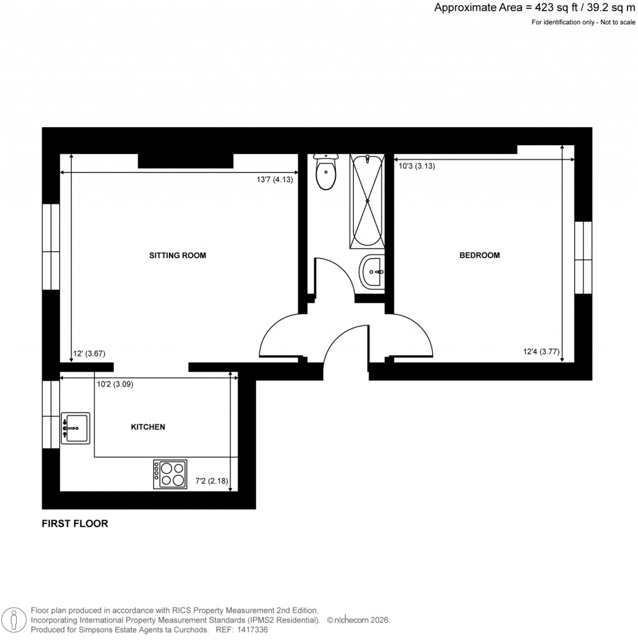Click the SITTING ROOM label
tap(177, 256)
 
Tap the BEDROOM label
tap(479, 256)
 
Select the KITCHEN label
tap(148, 427)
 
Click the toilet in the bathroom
tap(326, 172)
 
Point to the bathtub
tap(368, 201)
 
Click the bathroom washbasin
tap(373, 271)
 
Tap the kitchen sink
tap(75, 428)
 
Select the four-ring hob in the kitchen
tap(171, 474)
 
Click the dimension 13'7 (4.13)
tap(274, 179)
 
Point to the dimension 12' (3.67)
tap(89, 353)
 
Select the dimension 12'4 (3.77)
tap(540, 351)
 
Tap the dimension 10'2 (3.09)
tap(115, 384)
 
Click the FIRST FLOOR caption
tap(75, 524)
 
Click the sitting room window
tap(50, 246)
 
